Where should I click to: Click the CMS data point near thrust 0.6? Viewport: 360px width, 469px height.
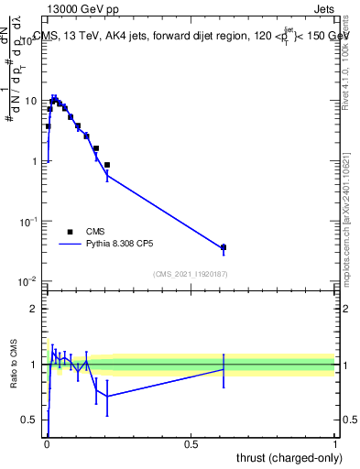pyautogui.click(x=224, y=247)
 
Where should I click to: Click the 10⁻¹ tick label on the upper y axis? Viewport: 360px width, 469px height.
pyautogui.click(x=28, y=221)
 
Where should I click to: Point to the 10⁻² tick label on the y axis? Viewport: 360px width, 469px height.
pyautogui.click(x=28, y=281)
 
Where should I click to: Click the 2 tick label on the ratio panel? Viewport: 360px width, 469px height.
pyautogui.click(x=34, y=309)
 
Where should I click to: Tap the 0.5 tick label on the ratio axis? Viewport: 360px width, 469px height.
pyautogui.click(x=30, y=420)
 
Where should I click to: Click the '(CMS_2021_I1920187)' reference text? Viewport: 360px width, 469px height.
pyautogui.click(x=190, y=274)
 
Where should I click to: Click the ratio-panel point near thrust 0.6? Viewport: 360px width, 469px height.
pyautogui.click(x=224, y=368)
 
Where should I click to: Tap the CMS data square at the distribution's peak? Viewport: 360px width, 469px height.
pyautogui.click(x=54, y=99)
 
